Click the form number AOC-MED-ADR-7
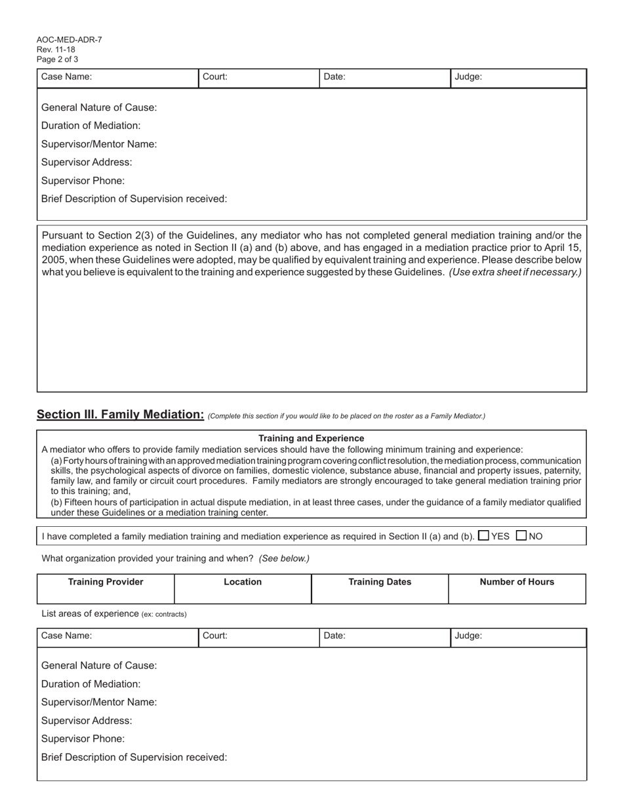coord(69,40)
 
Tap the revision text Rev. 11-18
coord(56,50)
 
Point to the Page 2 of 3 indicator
coord(58,60)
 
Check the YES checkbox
coord(484,535)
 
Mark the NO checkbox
coord(522,535)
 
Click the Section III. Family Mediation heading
coord(120,414)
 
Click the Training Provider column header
coord(106,582)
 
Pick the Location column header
coord(243,582)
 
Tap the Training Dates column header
coord(380,582)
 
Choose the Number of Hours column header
coord(517,582)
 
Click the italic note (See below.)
coord(284,559)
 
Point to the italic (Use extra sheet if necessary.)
coord(515,272)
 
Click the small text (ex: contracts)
coord(164,615)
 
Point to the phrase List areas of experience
coord(90,614)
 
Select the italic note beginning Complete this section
coord(346,416)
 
